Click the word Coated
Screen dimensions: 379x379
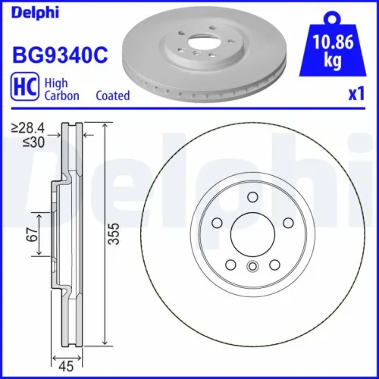pyautogui.click(x=113, y=96)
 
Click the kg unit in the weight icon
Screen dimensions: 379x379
pyautogui.click(x=329, y=61)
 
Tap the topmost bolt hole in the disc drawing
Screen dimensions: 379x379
pyautogui.click(x=252, y=199)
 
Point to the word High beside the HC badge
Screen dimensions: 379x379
pyautogui.click(x=55, y=83)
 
